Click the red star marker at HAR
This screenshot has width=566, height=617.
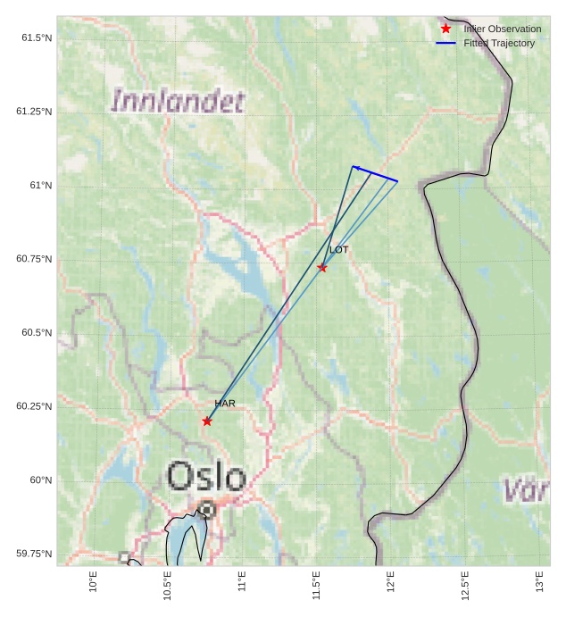(x=207, y=421)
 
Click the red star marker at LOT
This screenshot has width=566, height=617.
(x=322, y=267)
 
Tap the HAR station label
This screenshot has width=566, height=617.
(x=225, y=404)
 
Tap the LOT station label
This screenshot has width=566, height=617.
(x=339, y=250)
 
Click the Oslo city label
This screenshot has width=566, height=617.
(x=206, y=477)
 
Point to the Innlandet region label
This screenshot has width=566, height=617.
(x=178, y=101)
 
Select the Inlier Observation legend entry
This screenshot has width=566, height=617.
(x=502, y=29)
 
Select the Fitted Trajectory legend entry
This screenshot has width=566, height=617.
(x=499, y=43)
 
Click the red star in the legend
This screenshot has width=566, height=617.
(x=446, y=29)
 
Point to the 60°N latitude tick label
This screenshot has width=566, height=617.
(x=40, y=480)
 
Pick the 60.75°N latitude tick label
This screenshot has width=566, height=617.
(x=34, y=259)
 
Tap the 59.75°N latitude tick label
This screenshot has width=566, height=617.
(x=34, y=554)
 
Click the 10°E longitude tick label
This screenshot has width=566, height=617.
(x=94, y=586)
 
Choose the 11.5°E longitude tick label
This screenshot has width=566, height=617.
(x=317, y=586)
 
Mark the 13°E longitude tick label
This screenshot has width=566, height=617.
(x=540, y=586)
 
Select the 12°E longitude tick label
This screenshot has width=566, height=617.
(x=391, y=586)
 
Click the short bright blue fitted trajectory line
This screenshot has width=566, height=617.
(x=375, y=174)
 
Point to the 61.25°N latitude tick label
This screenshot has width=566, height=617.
(x=34, y=112)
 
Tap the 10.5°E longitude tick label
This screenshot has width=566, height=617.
(x=168, y=586)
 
